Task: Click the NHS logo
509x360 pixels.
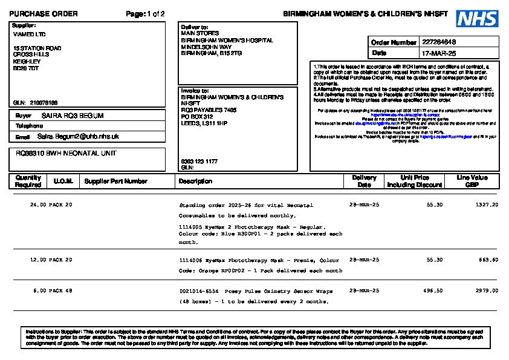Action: (x=477, y=19)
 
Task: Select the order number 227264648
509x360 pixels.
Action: (x=439, y=42)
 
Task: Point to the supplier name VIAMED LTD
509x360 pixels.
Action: (x=29, y=34)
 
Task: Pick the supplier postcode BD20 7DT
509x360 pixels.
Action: (x=26, y=68)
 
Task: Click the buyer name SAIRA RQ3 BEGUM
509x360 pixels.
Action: (x=73, y=116)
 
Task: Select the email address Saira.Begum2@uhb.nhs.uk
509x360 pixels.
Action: (x=78, y=137)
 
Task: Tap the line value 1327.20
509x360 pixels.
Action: (x=487, y=205)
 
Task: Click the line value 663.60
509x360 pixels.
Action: (x=488, y=260)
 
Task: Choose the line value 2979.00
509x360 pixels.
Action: (x=487, y=291)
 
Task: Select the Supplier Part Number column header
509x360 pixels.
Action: (x=116, y=181)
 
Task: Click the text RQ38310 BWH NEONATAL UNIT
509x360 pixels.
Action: (x=66, y=154)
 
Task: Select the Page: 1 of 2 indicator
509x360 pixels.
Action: (x=145, y=13)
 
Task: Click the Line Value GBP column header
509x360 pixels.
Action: (x=472, y=181)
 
